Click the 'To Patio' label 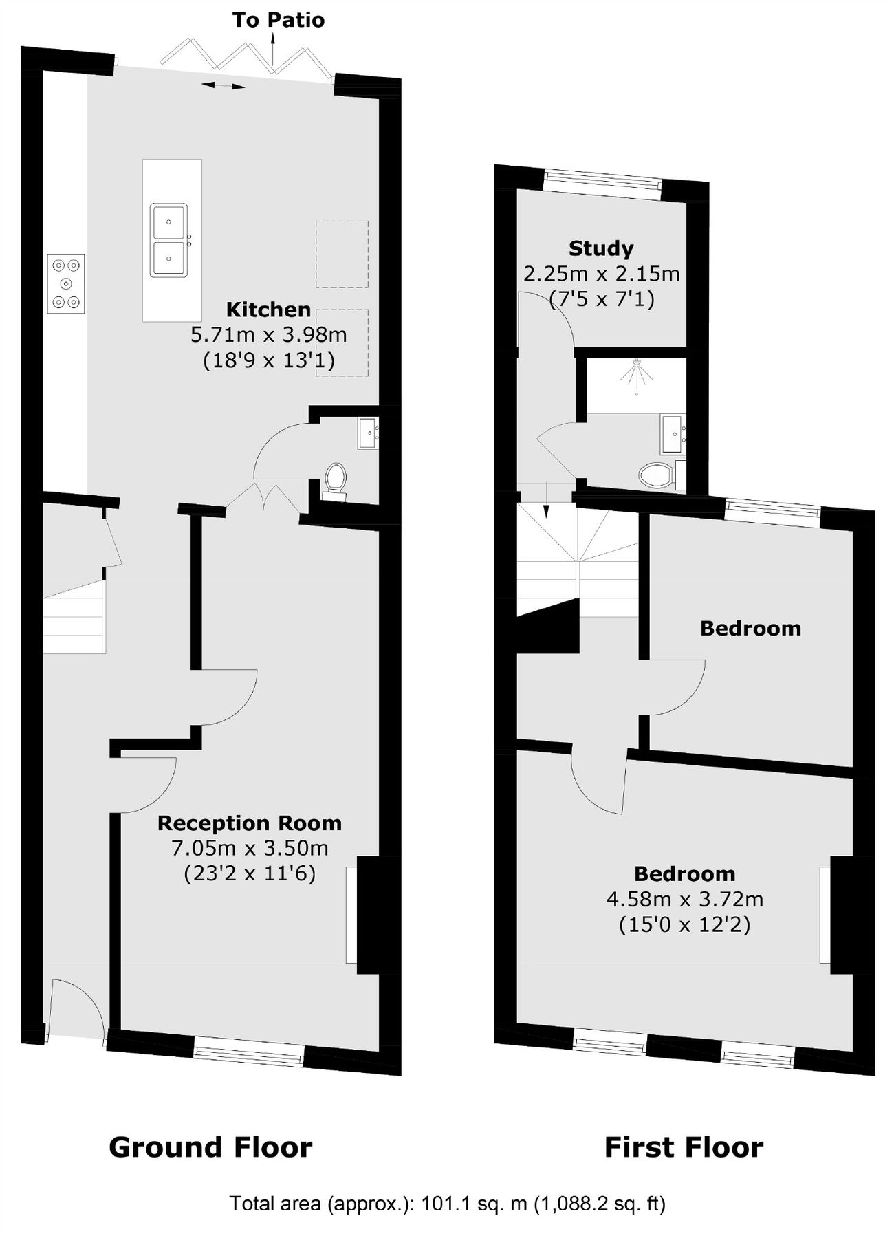pos(278,20)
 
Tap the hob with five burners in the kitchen pos(66,283)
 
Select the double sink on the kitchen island pos(169,240)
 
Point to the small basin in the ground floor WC pos(367,433)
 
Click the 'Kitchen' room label pos(268,309)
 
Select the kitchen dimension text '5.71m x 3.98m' pos(268,335)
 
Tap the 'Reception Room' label pos(250,823)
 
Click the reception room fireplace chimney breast pos(369,914)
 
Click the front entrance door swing pos(76,1008)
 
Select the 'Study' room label pos(601,248)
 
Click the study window pos(602,184)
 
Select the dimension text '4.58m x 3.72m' pos(685,899)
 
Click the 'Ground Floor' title pos(210,1147)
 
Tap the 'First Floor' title pos(684,1147)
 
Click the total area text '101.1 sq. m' pos(474,1204)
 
